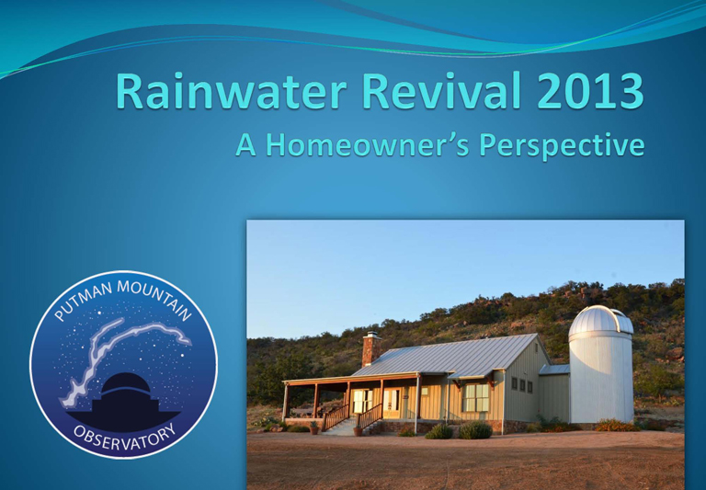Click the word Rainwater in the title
click(x=231, y=90)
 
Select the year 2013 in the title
click(x=590, y=90)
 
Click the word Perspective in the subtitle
click(x=562, y=146)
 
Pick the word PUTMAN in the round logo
click(x=81, y=301)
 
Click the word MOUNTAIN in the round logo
click(x=155, y=297)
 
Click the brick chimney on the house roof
click(x=370, y=349)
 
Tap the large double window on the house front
click(x=475, y=398)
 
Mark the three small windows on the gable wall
click(x=522, y=384)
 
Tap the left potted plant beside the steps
click(x=314, y=427)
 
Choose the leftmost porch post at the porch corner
click(x=286, y=402)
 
